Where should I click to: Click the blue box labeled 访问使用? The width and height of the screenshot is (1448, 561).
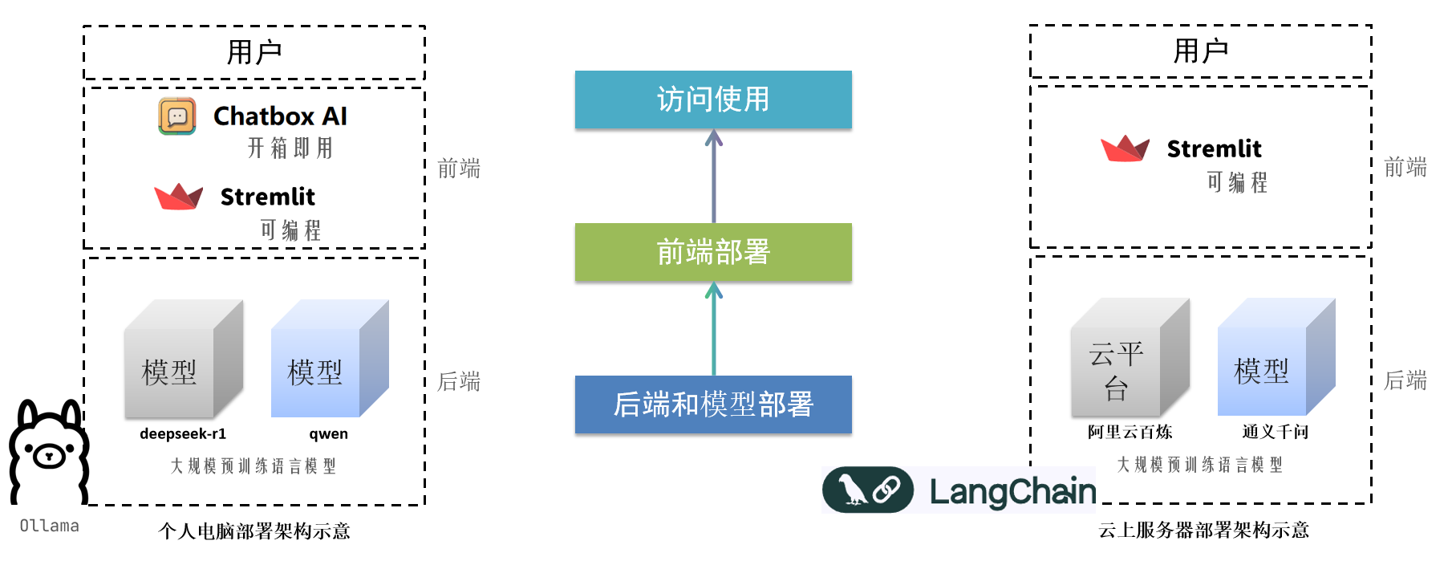point(713,100)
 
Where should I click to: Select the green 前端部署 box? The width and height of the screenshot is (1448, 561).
point(713,252)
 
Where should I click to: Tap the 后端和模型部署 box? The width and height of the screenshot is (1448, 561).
point(713,404)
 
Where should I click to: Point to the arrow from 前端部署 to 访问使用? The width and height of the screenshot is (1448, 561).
point(714,177)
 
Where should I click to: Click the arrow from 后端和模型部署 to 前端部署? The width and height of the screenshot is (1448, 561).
point(714,329)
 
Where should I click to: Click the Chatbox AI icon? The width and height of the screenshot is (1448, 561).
point(177,116)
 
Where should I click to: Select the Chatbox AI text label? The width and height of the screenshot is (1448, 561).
point(280,116)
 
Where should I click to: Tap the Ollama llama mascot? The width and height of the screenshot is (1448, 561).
point(48,453)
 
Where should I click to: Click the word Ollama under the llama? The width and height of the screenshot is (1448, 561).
point(49,526)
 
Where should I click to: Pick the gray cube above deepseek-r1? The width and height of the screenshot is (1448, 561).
point(183,360)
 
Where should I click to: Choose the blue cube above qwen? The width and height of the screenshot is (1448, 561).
point(329,360)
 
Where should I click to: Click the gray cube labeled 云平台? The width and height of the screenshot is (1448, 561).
point(1130,358)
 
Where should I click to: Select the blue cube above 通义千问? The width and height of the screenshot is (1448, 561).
point(1276,358)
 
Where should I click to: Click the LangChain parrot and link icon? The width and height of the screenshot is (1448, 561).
point(868,490)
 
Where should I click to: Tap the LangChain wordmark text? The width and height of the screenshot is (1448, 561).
point(1012,491)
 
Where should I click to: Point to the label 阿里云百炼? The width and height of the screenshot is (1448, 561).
point(1130,432)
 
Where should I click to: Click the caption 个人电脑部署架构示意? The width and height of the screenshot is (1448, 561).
point(254,531)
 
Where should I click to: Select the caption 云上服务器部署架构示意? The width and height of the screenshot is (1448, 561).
point(1203,530)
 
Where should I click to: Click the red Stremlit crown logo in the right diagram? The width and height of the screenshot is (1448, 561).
point(1125,148)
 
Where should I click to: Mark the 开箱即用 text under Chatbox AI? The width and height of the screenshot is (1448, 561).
point(290,148)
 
